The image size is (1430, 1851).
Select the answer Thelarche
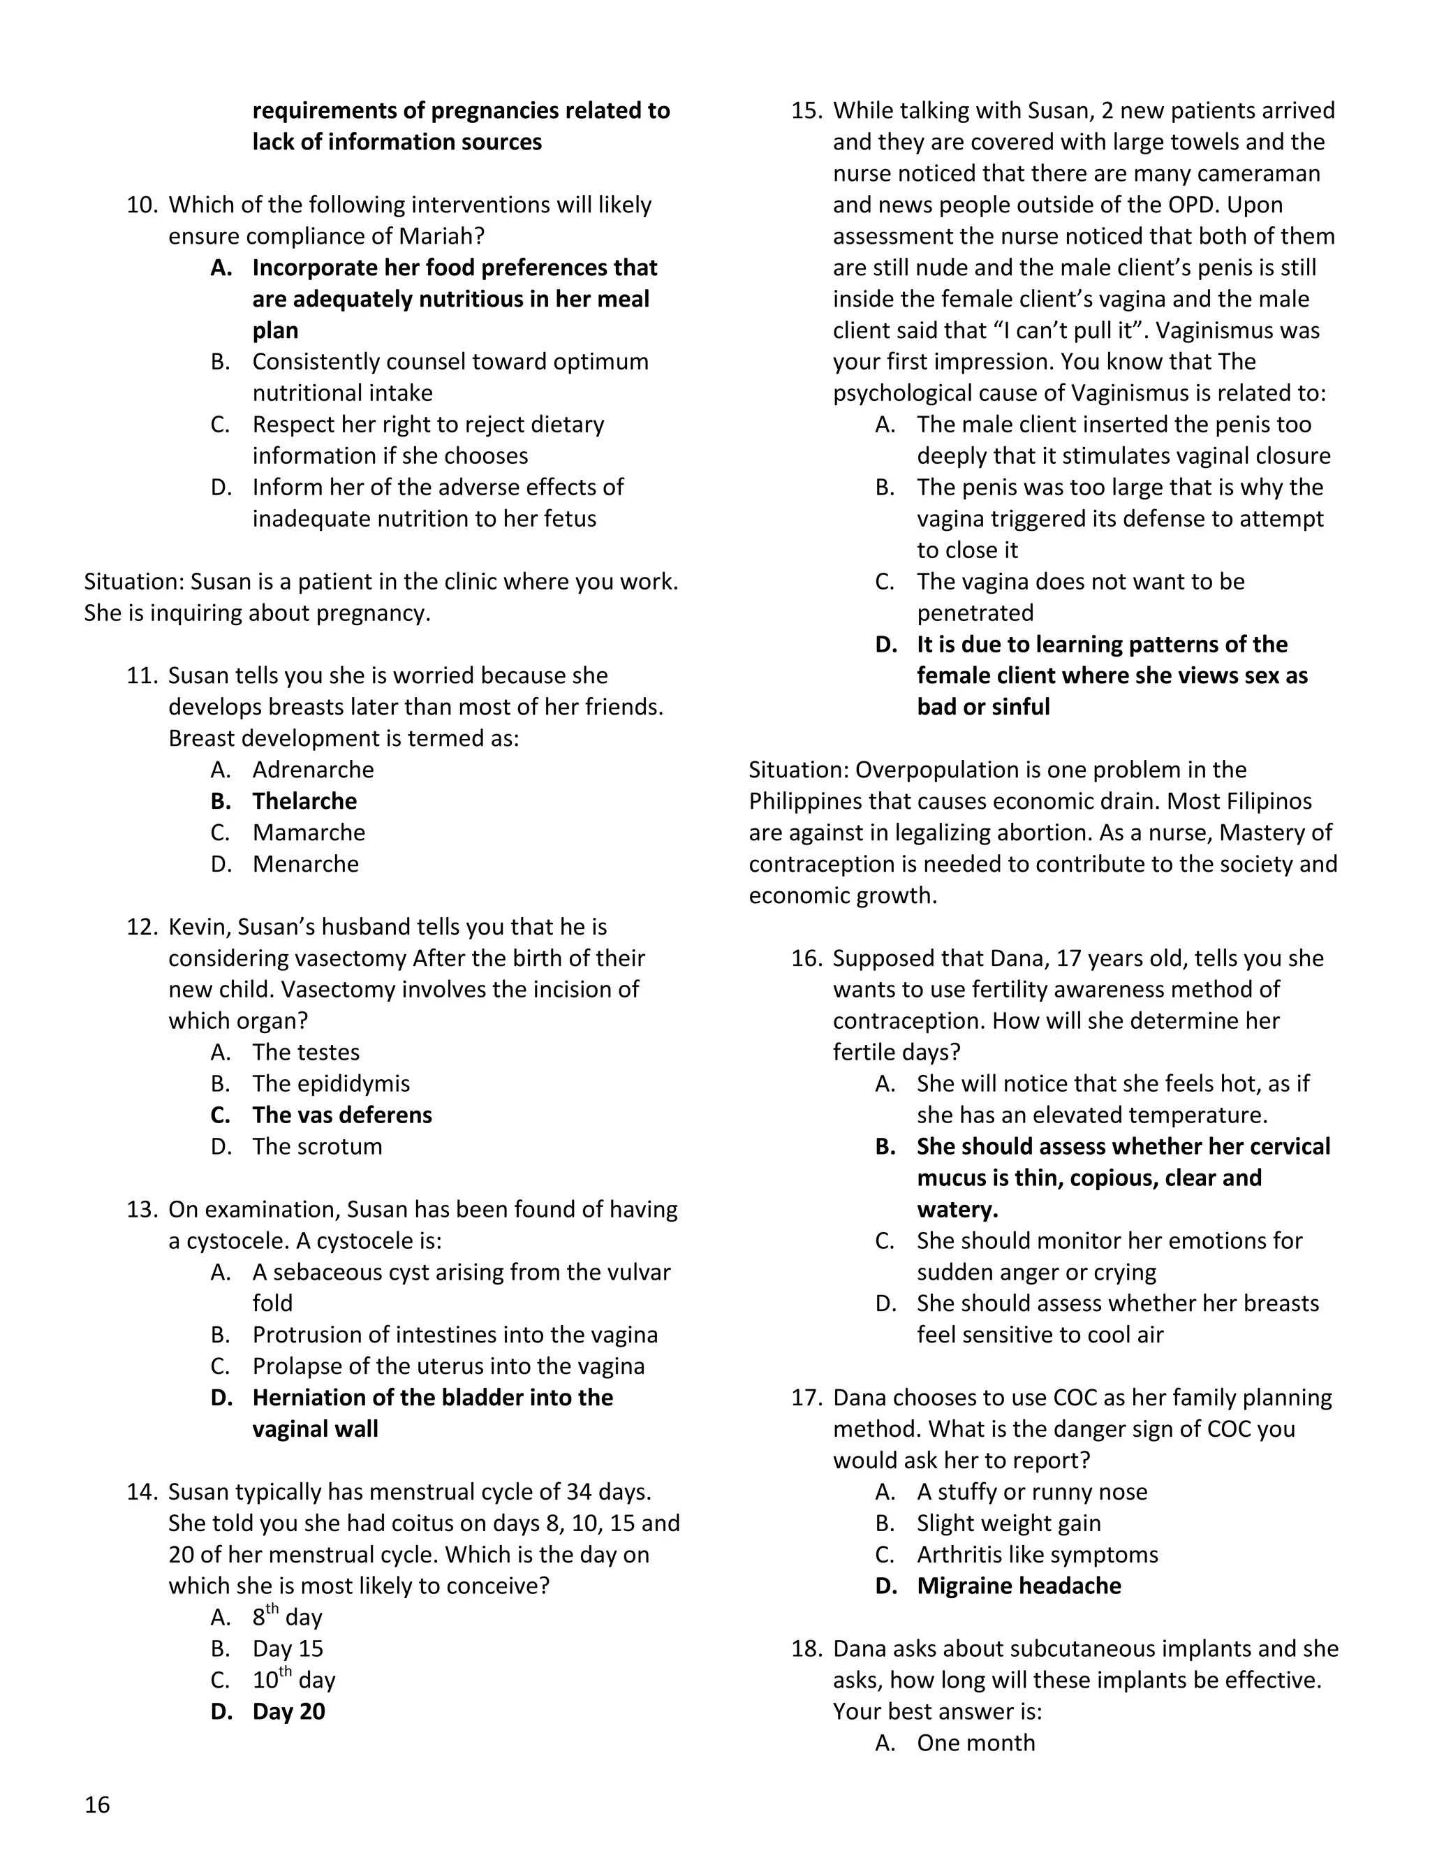pyautogui.click(x=304, y=801)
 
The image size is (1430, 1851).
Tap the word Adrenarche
pyautogui.click(x=313, y=770)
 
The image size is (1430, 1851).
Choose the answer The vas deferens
pyautogui.click(x=341, y=1115)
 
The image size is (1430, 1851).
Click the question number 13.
pyautogui.click(x=142, y=1209)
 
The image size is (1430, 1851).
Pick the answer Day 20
pyautogui.click(x=288, y=1711)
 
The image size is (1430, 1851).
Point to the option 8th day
pyautogui.click(x=287, y=1617)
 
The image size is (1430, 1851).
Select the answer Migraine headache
pyautogui.click(x=1018, y=1586)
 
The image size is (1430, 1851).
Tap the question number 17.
pyautogui.click(x=806, y=1398)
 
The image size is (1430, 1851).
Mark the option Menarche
pyautogui.click(x=305, y=863)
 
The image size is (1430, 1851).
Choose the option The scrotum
pyautogui.click(x=317, y=1146)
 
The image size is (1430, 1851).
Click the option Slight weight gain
pyautogui.click(x=1008, y=1523)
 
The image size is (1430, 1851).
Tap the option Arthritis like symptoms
pyautogui.click(x=1037, y=1554)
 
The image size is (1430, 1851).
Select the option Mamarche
pyautogui.click(x=309, y=833)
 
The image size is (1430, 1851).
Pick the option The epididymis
pyautogui.click(x=330, y=1083)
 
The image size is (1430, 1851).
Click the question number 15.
pyautogui.click(x=806, y=111)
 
